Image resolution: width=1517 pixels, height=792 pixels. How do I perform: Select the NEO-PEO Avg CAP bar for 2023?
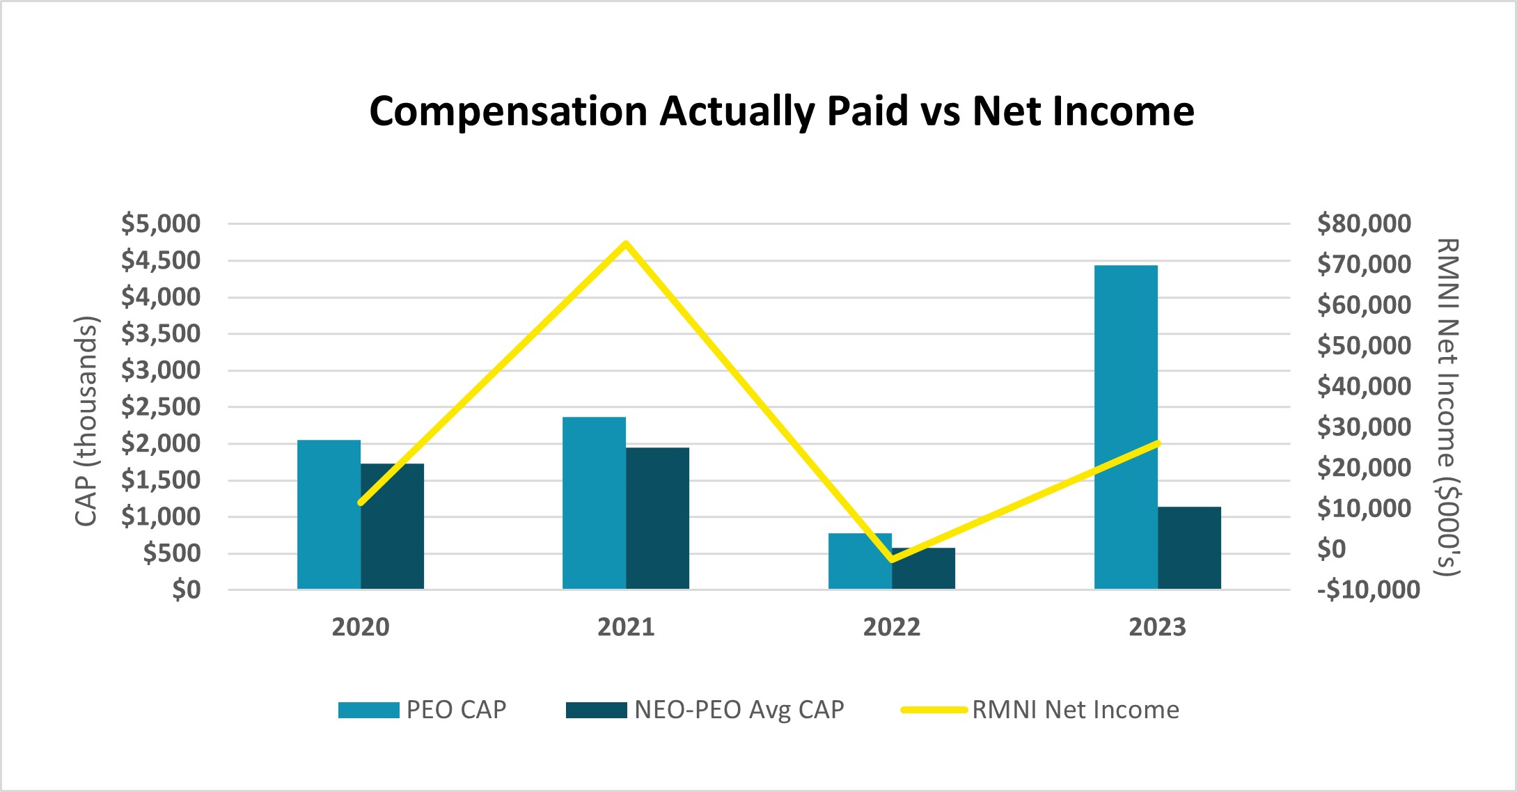pyautogui.click(x=1189, y=548)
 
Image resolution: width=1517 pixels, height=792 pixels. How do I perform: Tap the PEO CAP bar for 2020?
pyautogui.click(x=329, y=515)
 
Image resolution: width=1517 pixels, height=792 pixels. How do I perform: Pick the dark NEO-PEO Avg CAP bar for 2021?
pyautogui.click(x=657, y=518)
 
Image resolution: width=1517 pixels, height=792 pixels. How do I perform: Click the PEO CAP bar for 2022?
pyautogui.click(x=860, y=562)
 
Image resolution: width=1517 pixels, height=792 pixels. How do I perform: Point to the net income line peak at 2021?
pyautogui.click(x=626, y=244)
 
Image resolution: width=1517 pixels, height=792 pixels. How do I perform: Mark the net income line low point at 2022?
pyautogui.click(x=892, y=560)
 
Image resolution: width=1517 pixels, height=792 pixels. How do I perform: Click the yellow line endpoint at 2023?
pyautogui.click(x=1157, y=443)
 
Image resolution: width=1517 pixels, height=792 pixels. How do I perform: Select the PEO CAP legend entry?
pyautogui.click(x=423, y=710)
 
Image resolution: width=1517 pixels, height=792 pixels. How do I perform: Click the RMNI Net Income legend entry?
pyautogui.click(x=1040, y=710)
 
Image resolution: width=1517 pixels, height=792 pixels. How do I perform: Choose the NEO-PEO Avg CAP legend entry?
pyautogui.click(x=705, y=710)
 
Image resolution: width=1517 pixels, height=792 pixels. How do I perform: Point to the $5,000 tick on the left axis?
pyautogui.click(x=161, y=224)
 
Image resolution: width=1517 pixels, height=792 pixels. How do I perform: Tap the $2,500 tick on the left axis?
pyautogui.click(x=161, y=407)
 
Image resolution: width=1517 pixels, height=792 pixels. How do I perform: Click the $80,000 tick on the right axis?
pyautogui.click(x=1364, y=224)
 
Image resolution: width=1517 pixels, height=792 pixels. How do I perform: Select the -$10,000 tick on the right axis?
pyautogui.click(x=1368, y=590)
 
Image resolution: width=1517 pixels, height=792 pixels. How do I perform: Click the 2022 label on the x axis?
pyautogui.click(x=891, y=628)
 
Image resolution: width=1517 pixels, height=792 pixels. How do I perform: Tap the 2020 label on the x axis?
pyautogui.click(x=360, y=628)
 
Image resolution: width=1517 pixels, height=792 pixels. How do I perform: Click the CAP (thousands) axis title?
pyautogui.click(x=86, y=422)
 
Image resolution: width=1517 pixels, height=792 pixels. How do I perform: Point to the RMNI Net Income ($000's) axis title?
pyautogui.click(x=1447, y=408)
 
